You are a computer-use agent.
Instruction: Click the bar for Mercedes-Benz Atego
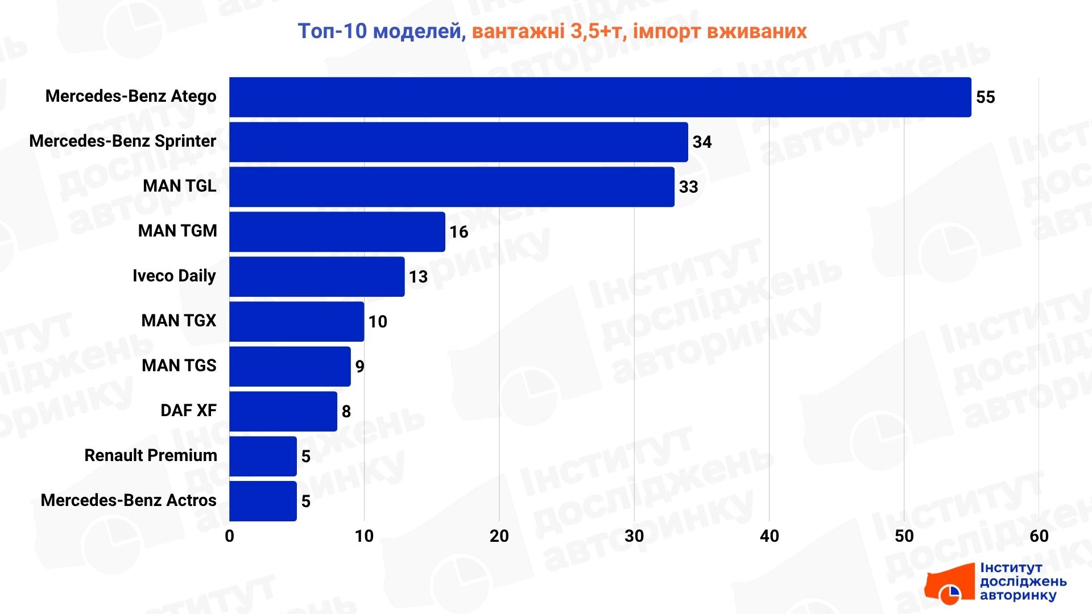point(600,97)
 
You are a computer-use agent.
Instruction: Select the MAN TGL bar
point(452,187)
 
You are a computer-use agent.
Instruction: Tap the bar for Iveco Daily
point(317,277)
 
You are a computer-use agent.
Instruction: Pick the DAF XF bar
point(283,411)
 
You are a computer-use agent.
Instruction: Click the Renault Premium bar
point(263,456)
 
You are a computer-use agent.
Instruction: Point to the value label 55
point(985,97)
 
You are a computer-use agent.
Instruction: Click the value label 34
point(702,142)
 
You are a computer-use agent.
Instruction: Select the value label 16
point(458,232)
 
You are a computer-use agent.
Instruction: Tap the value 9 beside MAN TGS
point(359,367)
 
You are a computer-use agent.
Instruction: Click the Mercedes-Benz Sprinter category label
point(123,141)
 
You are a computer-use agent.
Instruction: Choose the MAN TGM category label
point(177,231)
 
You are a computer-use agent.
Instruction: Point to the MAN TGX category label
point(179,321)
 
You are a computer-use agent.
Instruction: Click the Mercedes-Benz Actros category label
point(129,500)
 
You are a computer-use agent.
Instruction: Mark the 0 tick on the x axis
point(229,536)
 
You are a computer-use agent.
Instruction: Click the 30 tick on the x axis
point(634,536)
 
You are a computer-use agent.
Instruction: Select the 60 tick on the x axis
point(1039,536)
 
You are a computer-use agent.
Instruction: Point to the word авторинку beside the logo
point(1017,595)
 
